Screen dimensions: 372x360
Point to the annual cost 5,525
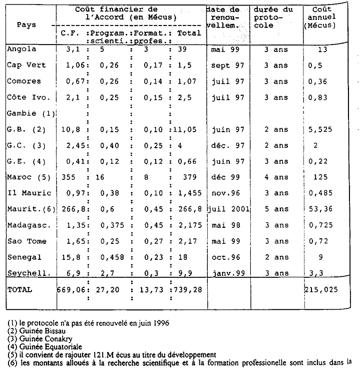(321, 129)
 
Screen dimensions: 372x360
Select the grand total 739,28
(187, 289)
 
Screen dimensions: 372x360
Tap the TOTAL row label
(20, 289)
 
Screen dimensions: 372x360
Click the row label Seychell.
(27, 273)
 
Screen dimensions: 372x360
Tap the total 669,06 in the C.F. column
(70, 289)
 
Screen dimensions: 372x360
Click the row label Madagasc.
(27, 225)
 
